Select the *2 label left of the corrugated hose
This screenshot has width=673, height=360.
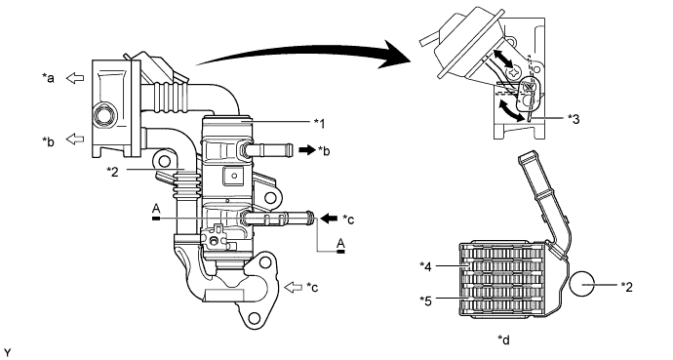pos(114,172)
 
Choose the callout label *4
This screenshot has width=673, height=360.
pos(426,265)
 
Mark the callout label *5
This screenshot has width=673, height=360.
pos(426,300)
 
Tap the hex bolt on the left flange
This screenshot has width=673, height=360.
pos(102,122)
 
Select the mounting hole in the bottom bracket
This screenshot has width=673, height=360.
pos(258,315)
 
